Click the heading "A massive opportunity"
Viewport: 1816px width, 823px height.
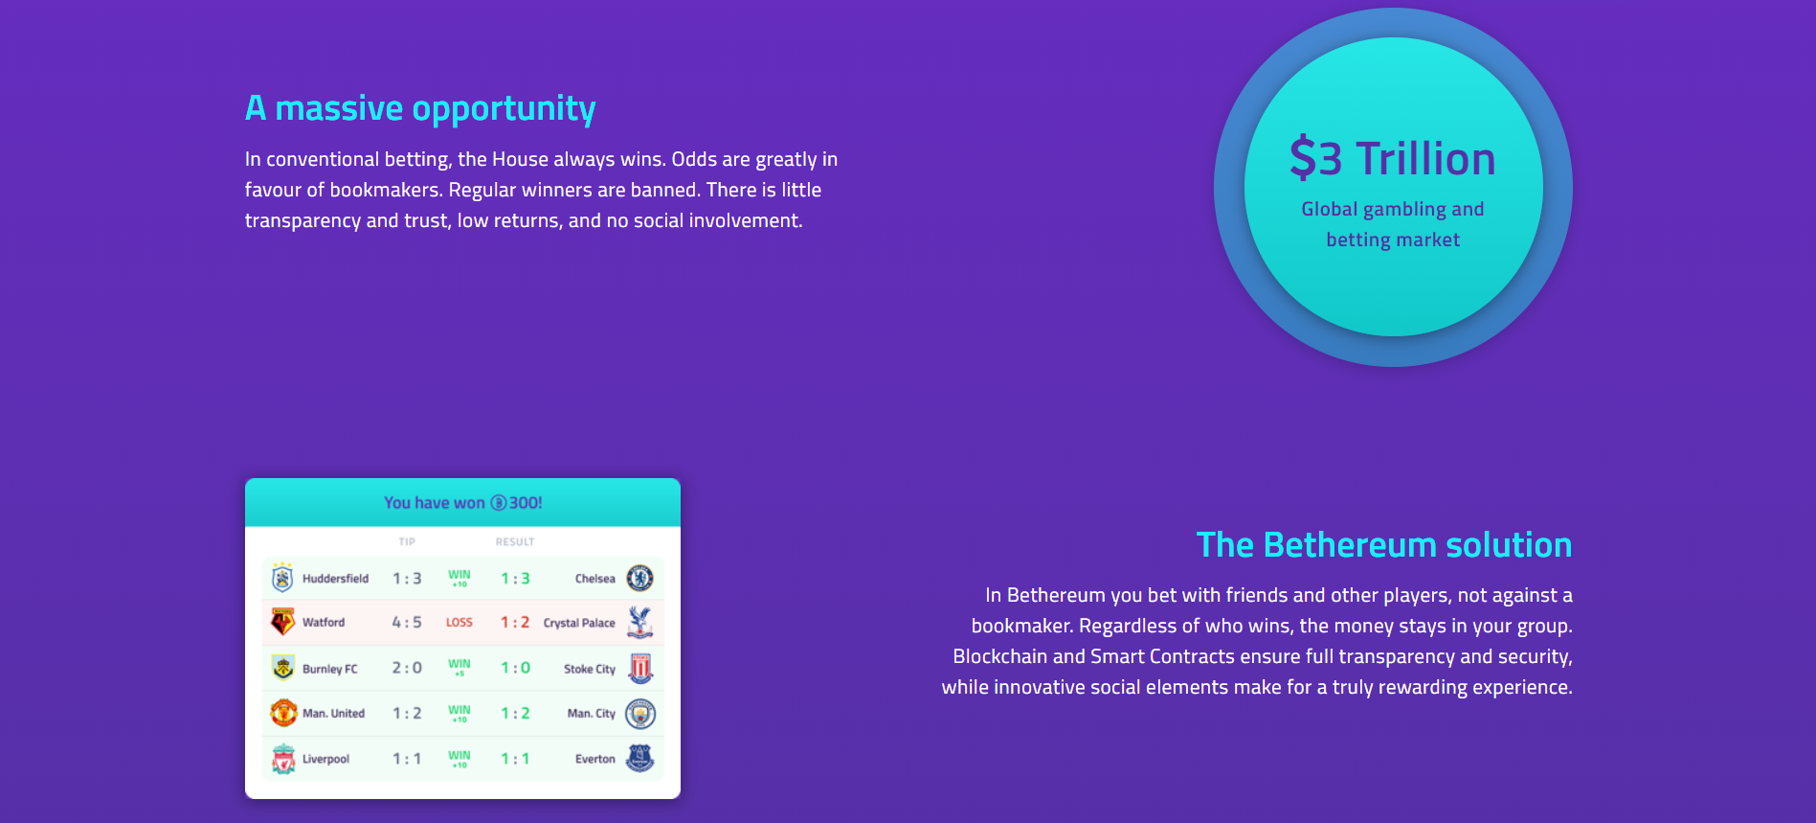click(420, 108)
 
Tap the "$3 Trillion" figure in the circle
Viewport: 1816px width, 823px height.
click(1393, 159)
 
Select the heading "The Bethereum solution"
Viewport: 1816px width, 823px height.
click(1384, 545)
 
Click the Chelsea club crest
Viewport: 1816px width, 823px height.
click(639, 578)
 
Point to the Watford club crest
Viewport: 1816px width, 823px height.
click(282, 622)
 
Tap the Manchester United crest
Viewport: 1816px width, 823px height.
click(283, 713)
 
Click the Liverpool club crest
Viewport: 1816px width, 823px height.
click(283, 759)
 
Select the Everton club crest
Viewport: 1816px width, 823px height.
click(639, 758)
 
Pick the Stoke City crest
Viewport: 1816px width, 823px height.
click(640, 668)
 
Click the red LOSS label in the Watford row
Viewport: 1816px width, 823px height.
click(460, 623)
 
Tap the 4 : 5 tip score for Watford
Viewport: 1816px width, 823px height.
click(407, 623)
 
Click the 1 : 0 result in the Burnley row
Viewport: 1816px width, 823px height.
click(515, 668)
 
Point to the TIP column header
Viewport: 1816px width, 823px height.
click(407, 542)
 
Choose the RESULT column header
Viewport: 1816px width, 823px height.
click(515, 542)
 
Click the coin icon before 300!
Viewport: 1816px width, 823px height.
click(499, 503)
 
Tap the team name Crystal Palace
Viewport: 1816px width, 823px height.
click(579, 623)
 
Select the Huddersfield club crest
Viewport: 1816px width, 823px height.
click(282, 578)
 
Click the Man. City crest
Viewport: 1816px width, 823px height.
click(639, 714)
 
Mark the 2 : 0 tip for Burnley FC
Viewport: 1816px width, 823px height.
click(407, 668)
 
